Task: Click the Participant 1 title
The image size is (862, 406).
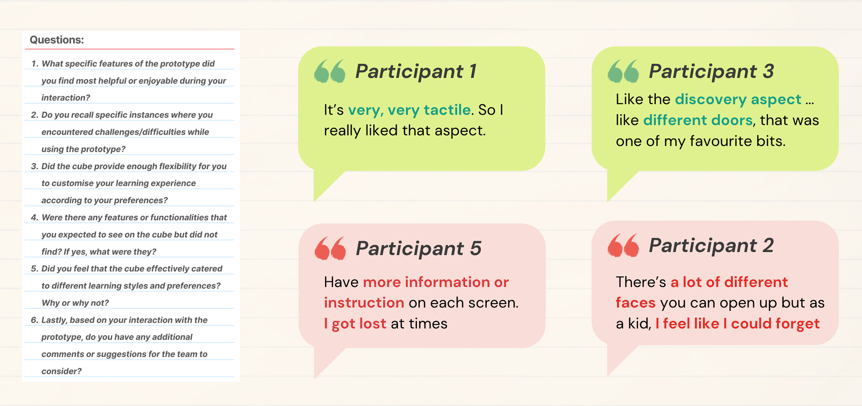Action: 416,71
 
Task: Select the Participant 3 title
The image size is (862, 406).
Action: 711,71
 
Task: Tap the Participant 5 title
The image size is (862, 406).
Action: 418,249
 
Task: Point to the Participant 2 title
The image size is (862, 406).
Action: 711,246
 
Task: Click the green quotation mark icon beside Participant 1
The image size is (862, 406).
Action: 330,71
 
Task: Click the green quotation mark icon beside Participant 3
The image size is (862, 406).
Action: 623,71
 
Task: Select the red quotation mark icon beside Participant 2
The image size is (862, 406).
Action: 623,245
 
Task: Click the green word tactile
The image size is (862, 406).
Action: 447,110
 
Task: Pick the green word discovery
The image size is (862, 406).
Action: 711,99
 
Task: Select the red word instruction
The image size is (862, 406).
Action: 364,303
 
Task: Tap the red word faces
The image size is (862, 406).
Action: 635,303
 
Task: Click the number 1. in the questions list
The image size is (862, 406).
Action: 35,64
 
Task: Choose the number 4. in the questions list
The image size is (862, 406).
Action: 35,217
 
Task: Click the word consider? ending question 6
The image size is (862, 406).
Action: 62,371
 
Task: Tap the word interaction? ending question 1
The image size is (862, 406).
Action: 66,98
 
